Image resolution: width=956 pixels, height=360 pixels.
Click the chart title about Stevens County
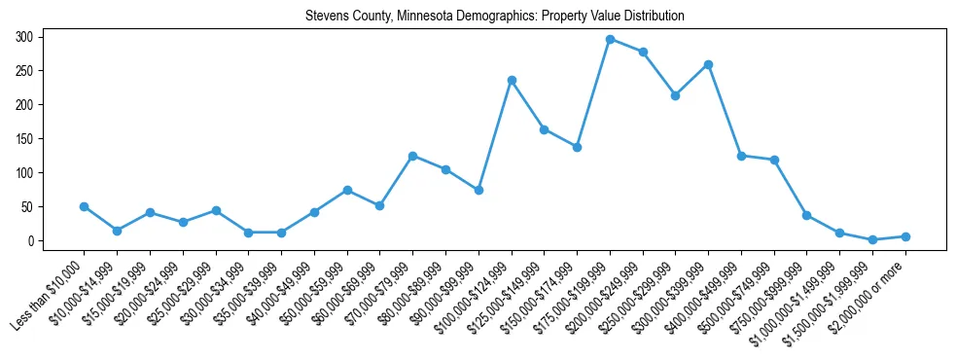(x=494, y=17)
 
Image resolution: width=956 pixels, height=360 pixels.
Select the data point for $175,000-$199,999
(x=610, y=39)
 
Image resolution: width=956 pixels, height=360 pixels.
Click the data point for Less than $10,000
(x=84, y=206)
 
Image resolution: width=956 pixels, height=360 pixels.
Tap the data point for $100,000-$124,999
(x=512, y=80)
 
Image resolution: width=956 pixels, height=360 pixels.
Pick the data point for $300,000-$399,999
(x=708, y=64)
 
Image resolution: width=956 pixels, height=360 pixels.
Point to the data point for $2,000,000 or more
(x=905, y=236)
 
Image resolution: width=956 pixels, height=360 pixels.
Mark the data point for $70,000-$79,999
(x=412, y=156)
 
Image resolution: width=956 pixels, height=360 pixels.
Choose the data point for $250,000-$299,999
(x=675, y=95)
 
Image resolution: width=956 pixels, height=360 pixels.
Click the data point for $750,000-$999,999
(x=806, y=215)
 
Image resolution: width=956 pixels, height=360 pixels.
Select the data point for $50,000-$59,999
(x=347, y=190)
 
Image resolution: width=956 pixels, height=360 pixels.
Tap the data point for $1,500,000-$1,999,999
(x=872, y=239)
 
